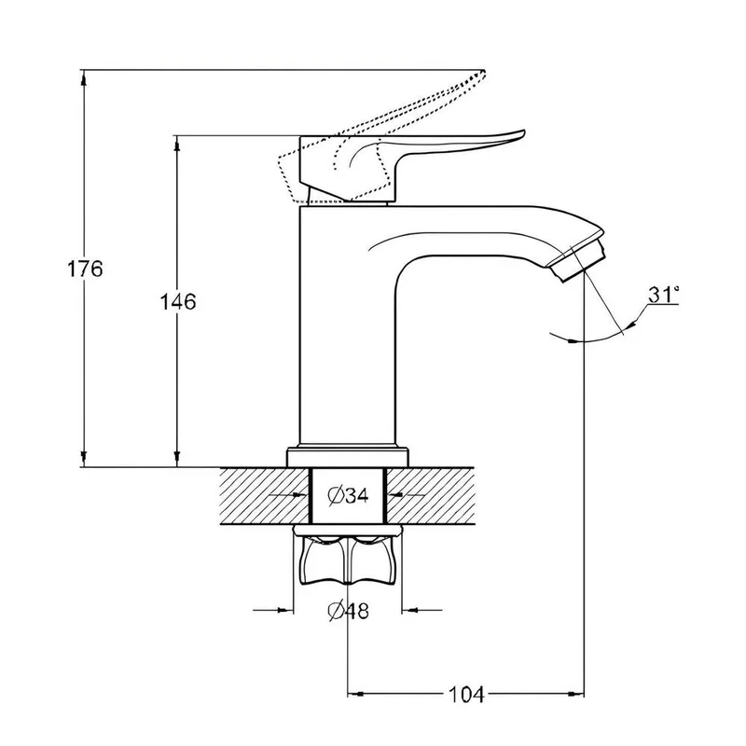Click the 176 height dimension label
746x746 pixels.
coord(85,269)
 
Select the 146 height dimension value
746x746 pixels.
coord(177,301)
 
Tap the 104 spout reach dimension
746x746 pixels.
coord(466,695)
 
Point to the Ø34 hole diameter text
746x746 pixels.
coord(348,496)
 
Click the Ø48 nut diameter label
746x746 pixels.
coord(348,611)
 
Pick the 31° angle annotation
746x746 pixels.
coord(663,295)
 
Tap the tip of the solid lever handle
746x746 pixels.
coord(523,132)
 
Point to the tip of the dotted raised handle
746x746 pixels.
coord(483,73)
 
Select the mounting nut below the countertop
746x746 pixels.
coord(348,556)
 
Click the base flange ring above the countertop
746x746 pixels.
coord(348,457)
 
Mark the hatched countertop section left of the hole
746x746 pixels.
coord(265,496)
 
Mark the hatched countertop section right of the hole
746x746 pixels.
coord(431,496)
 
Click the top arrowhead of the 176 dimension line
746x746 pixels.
coord(84,77)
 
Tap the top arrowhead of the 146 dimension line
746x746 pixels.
coord(177,144)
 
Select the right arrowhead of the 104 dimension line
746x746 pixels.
coord(576,694)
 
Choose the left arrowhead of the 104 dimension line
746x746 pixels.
coord(355,694)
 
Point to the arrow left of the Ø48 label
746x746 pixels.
coord(272,610)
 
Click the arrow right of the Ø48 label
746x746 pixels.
coord(422,610)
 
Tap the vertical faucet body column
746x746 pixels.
coord(348,328)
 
